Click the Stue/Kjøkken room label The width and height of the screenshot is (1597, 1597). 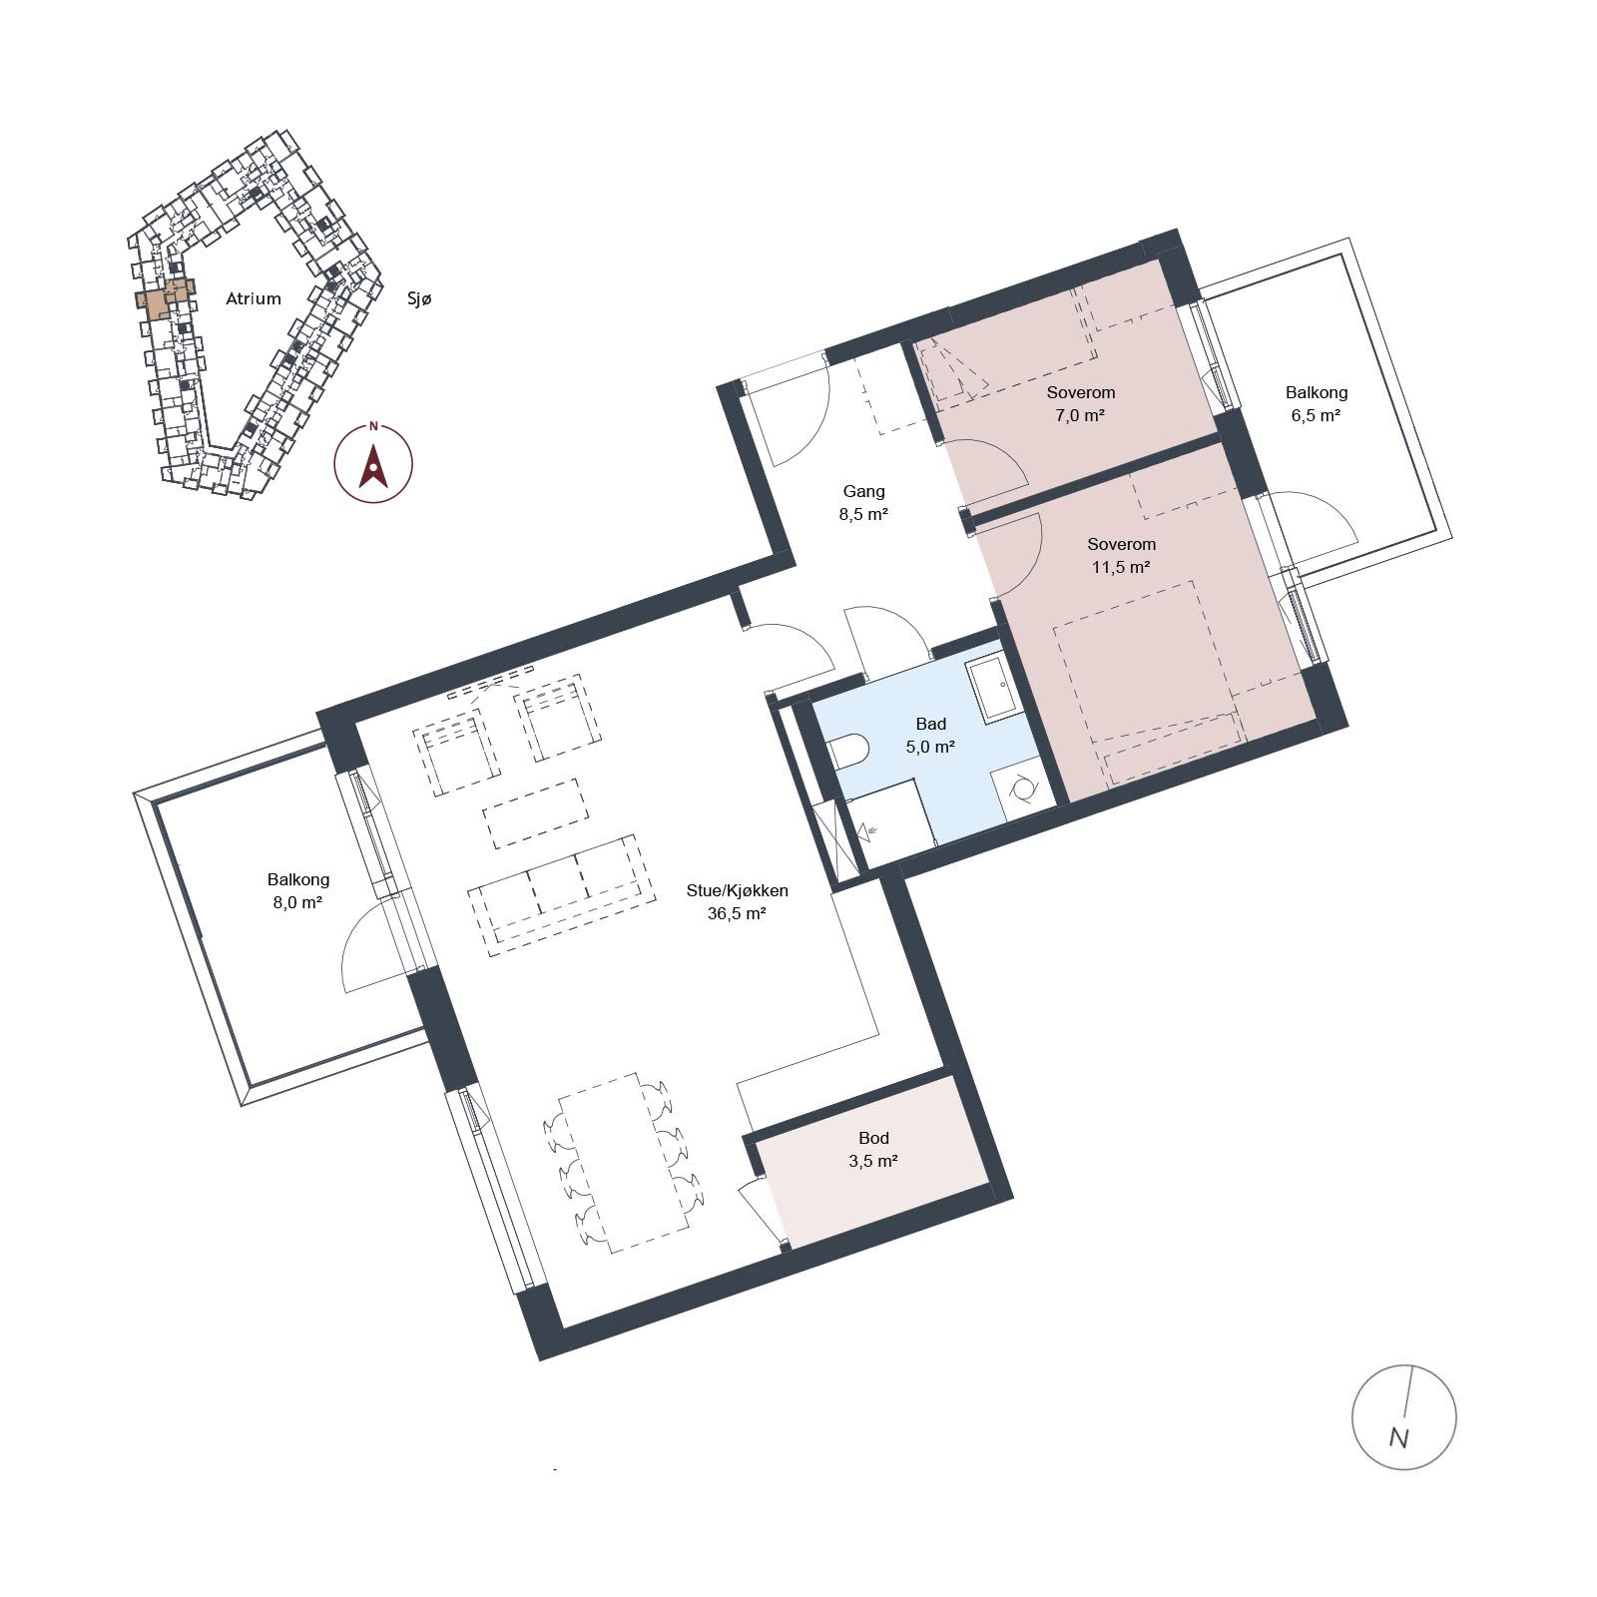click(737, 890)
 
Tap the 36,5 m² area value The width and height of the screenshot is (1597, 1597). click(737, 913)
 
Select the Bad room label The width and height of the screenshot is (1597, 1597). click(930, 724)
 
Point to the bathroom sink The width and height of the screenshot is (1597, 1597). click(992, 690)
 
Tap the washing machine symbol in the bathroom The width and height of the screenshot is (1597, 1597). click(1023, 790)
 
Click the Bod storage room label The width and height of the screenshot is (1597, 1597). click(873, 1138)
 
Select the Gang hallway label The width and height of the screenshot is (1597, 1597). click(863, 491)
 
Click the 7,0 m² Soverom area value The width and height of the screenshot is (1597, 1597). click(1080, 416)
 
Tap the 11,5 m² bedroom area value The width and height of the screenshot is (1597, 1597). click(1121, 568)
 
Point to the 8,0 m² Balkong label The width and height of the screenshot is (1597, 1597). click(297, 891)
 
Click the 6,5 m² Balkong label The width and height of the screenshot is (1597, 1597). click(1316, 404)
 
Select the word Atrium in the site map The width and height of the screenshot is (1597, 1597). click(254, 298)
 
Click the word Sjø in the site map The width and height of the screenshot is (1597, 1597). click(419, 298)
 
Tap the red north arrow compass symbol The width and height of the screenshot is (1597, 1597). click(373, 462)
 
